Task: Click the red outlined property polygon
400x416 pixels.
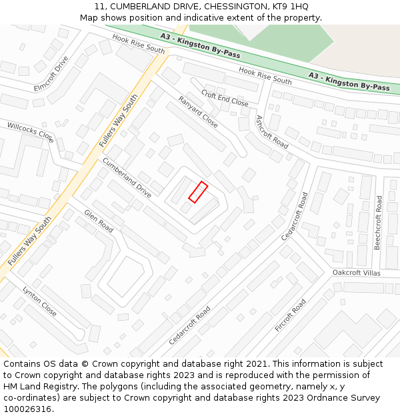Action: (x=198, y=192)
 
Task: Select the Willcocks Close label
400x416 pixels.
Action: (x=30, y=132)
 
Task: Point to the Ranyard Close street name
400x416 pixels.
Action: (x=198, y=112)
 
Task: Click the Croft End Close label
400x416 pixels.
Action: (x=225, y=99)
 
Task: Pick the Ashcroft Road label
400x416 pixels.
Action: (x=272, y=131)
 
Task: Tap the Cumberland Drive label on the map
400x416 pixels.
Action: (x=127, y=178)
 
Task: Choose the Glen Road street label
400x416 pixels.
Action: (x=99, y=221)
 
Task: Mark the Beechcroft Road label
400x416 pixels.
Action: (x=377, y=222)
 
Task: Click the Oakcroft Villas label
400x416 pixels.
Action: (x=357, y=273)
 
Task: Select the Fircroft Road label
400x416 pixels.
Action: (x=290, y=315)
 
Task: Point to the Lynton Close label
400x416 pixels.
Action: (x=40, y=301)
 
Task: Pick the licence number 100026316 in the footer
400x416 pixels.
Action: (x=27, y=409)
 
